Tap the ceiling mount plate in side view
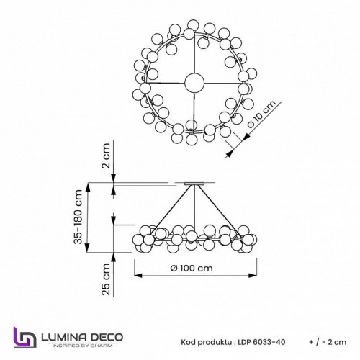[x=193, y=184]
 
